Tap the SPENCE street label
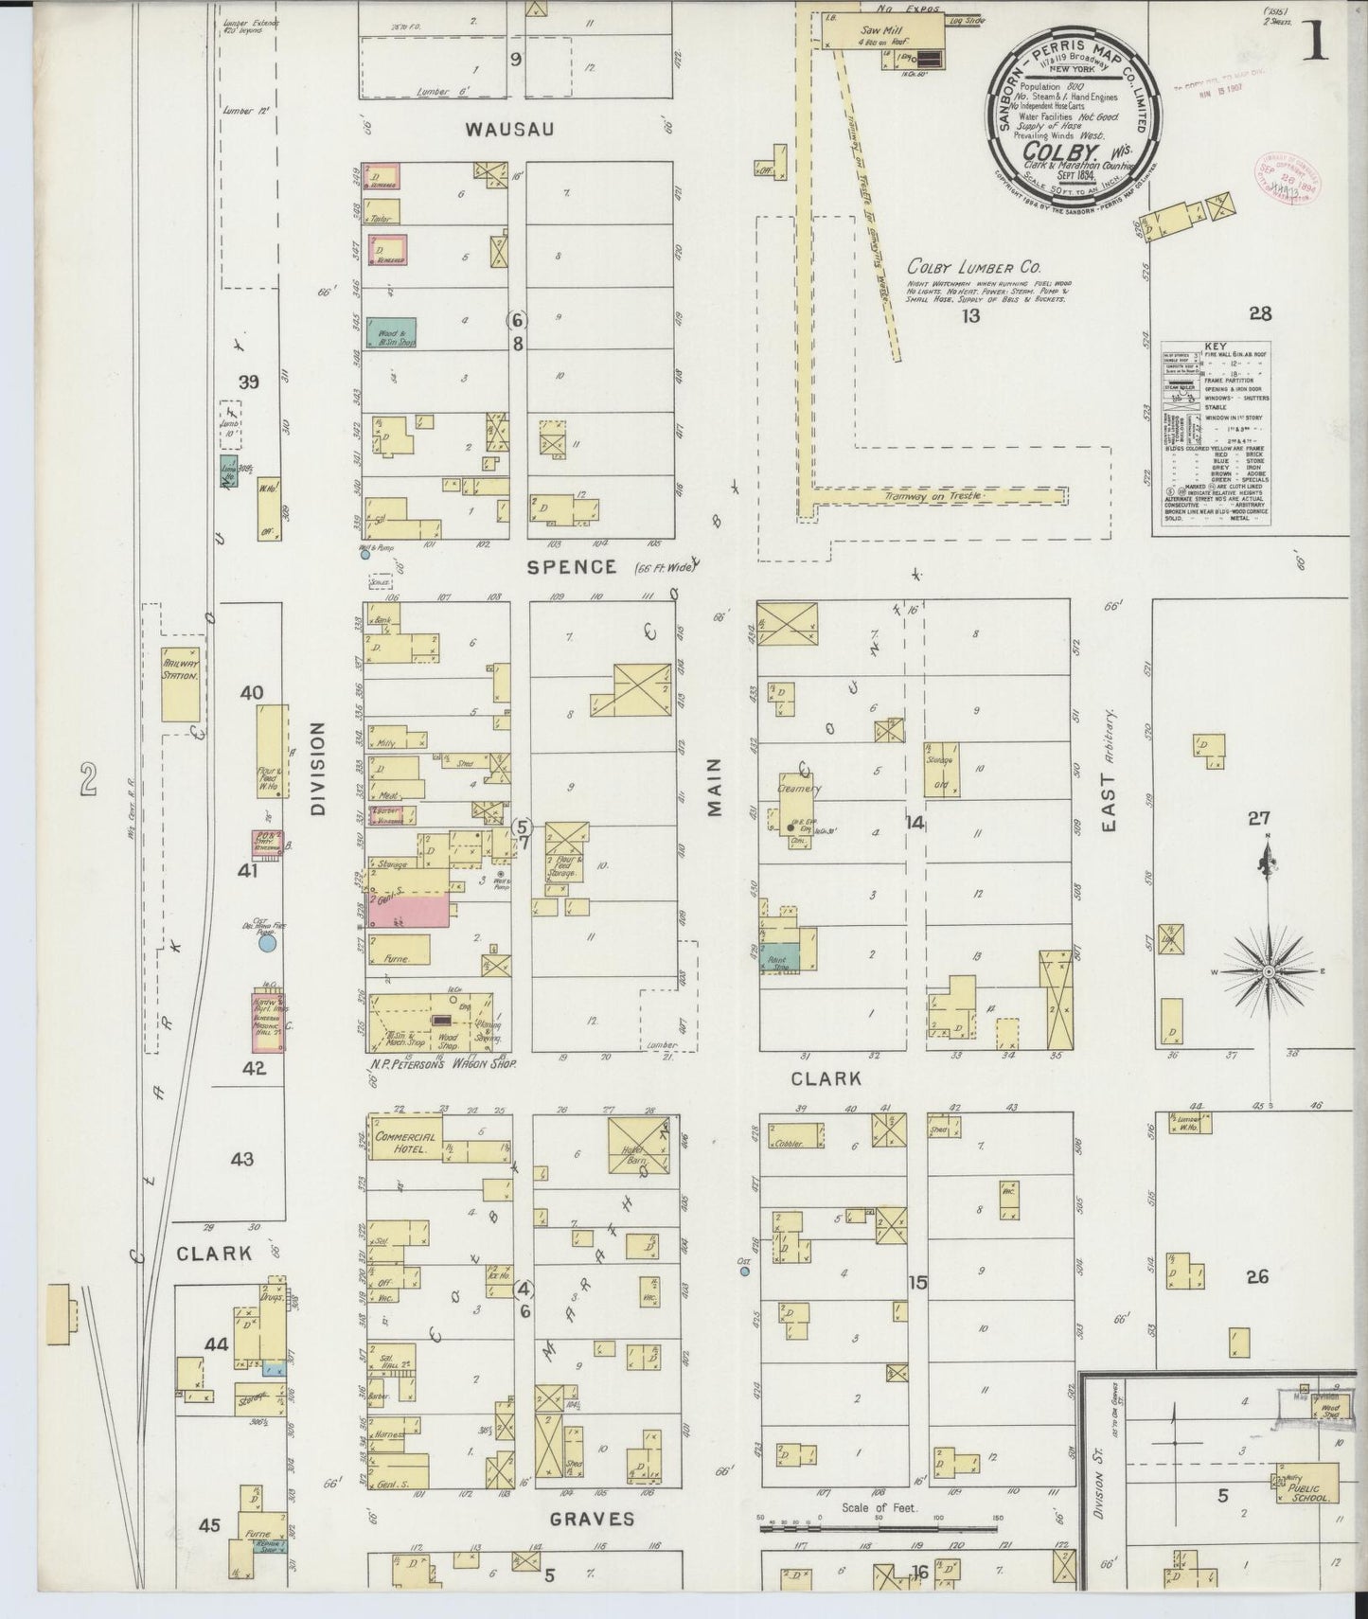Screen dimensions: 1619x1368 [x=571, y=566]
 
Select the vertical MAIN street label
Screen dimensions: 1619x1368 [x=714, y=787]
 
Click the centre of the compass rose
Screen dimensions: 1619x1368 [x=1268, y=971]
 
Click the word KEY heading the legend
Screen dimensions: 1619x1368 [x=1215, y=347]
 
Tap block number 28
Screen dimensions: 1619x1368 [x=1259, y=314]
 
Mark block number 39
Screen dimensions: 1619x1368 [x=249, y=383]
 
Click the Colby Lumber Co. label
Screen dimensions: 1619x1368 [x=973, y=268]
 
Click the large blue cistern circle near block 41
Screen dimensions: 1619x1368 [x=267, y=943]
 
